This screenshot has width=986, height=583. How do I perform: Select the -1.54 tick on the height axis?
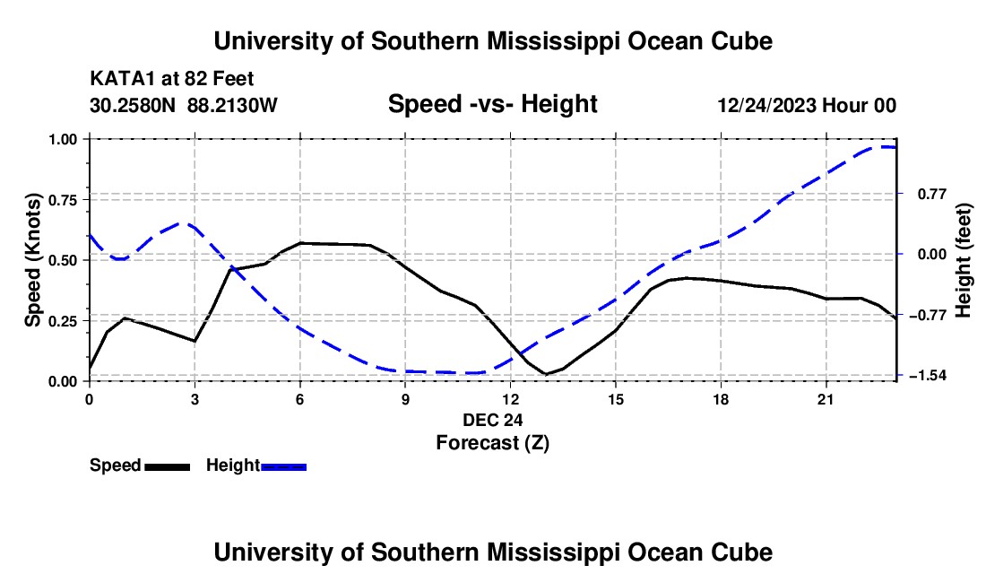point(926,376)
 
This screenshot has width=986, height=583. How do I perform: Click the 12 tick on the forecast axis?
point(511,399)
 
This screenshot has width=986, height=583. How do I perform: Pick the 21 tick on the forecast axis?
point(826,399)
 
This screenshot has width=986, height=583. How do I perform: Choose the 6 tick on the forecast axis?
point(300,399)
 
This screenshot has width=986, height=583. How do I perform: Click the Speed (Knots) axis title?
point(32,260)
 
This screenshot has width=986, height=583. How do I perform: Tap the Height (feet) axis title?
point(964,260)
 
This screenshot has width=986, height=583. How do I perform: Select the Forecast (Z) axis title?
point(492,443)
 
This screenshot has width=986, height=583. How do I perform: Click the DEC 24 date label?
point(492,420)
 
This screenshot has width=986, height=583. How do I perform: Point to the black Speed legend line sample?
point(168,466)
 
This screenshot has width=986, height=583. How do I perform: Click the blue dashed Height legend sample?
point(283,466)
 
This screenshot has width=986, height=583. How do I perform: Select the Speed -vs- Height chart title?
point(492,104)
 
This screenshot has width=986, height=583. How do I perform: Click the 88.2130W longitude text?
point(232,105)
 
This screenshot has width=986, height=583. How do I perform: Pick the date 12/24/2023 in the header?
point(767,105)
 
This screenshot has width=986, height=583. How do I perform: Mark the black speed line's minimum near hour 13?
point(546,374)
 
